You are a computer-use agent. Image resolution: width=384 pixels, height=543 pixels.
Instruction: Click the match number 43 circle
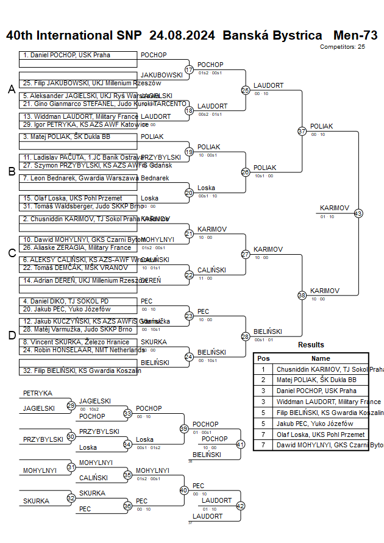tap(358, 213)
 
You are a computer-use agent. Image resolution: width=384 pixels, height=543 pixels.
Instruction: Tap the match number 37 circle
tap(302, 131)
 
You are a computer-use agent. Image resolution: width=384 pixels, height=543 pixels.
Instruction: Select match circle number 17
tap(189, 69)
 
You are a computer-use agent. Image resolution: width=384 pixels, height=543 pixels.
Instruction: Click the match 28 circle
tap(246, 336)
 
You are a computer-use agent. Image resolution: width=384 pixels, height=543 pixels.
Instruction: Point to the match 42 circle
tap(240, 505)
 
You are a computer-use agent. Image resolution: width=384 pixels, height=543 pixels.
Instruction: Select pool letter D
tap(11, 335)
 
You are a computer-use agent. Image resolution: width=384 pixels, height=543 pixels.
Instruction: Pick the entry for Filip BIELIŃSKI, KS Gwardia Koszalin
tap(73, 370)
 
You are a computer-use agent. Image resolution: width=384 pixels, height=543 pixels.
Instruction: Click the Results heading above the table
tap(311, 345)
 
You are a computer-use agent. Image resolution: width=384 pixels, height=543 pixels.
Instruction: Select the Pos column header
tap(263, 358)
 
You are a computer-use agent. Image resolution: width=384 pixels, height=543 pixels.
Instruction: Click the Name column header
tap(321, 358)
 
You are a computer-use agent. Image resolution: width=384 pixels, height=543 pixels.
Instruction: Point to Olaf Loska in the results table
tap(320, 435)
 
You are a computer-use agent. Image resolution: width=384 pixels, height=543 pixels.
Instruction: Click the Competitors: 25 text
tap(343, 46)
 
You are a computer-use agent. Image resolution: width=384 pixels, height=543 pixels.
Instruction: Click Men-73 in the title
tap(355, 35)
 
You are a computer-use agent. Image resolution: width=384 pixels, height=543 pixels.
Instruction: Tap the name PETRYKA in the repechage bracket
tap(38, 393)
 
